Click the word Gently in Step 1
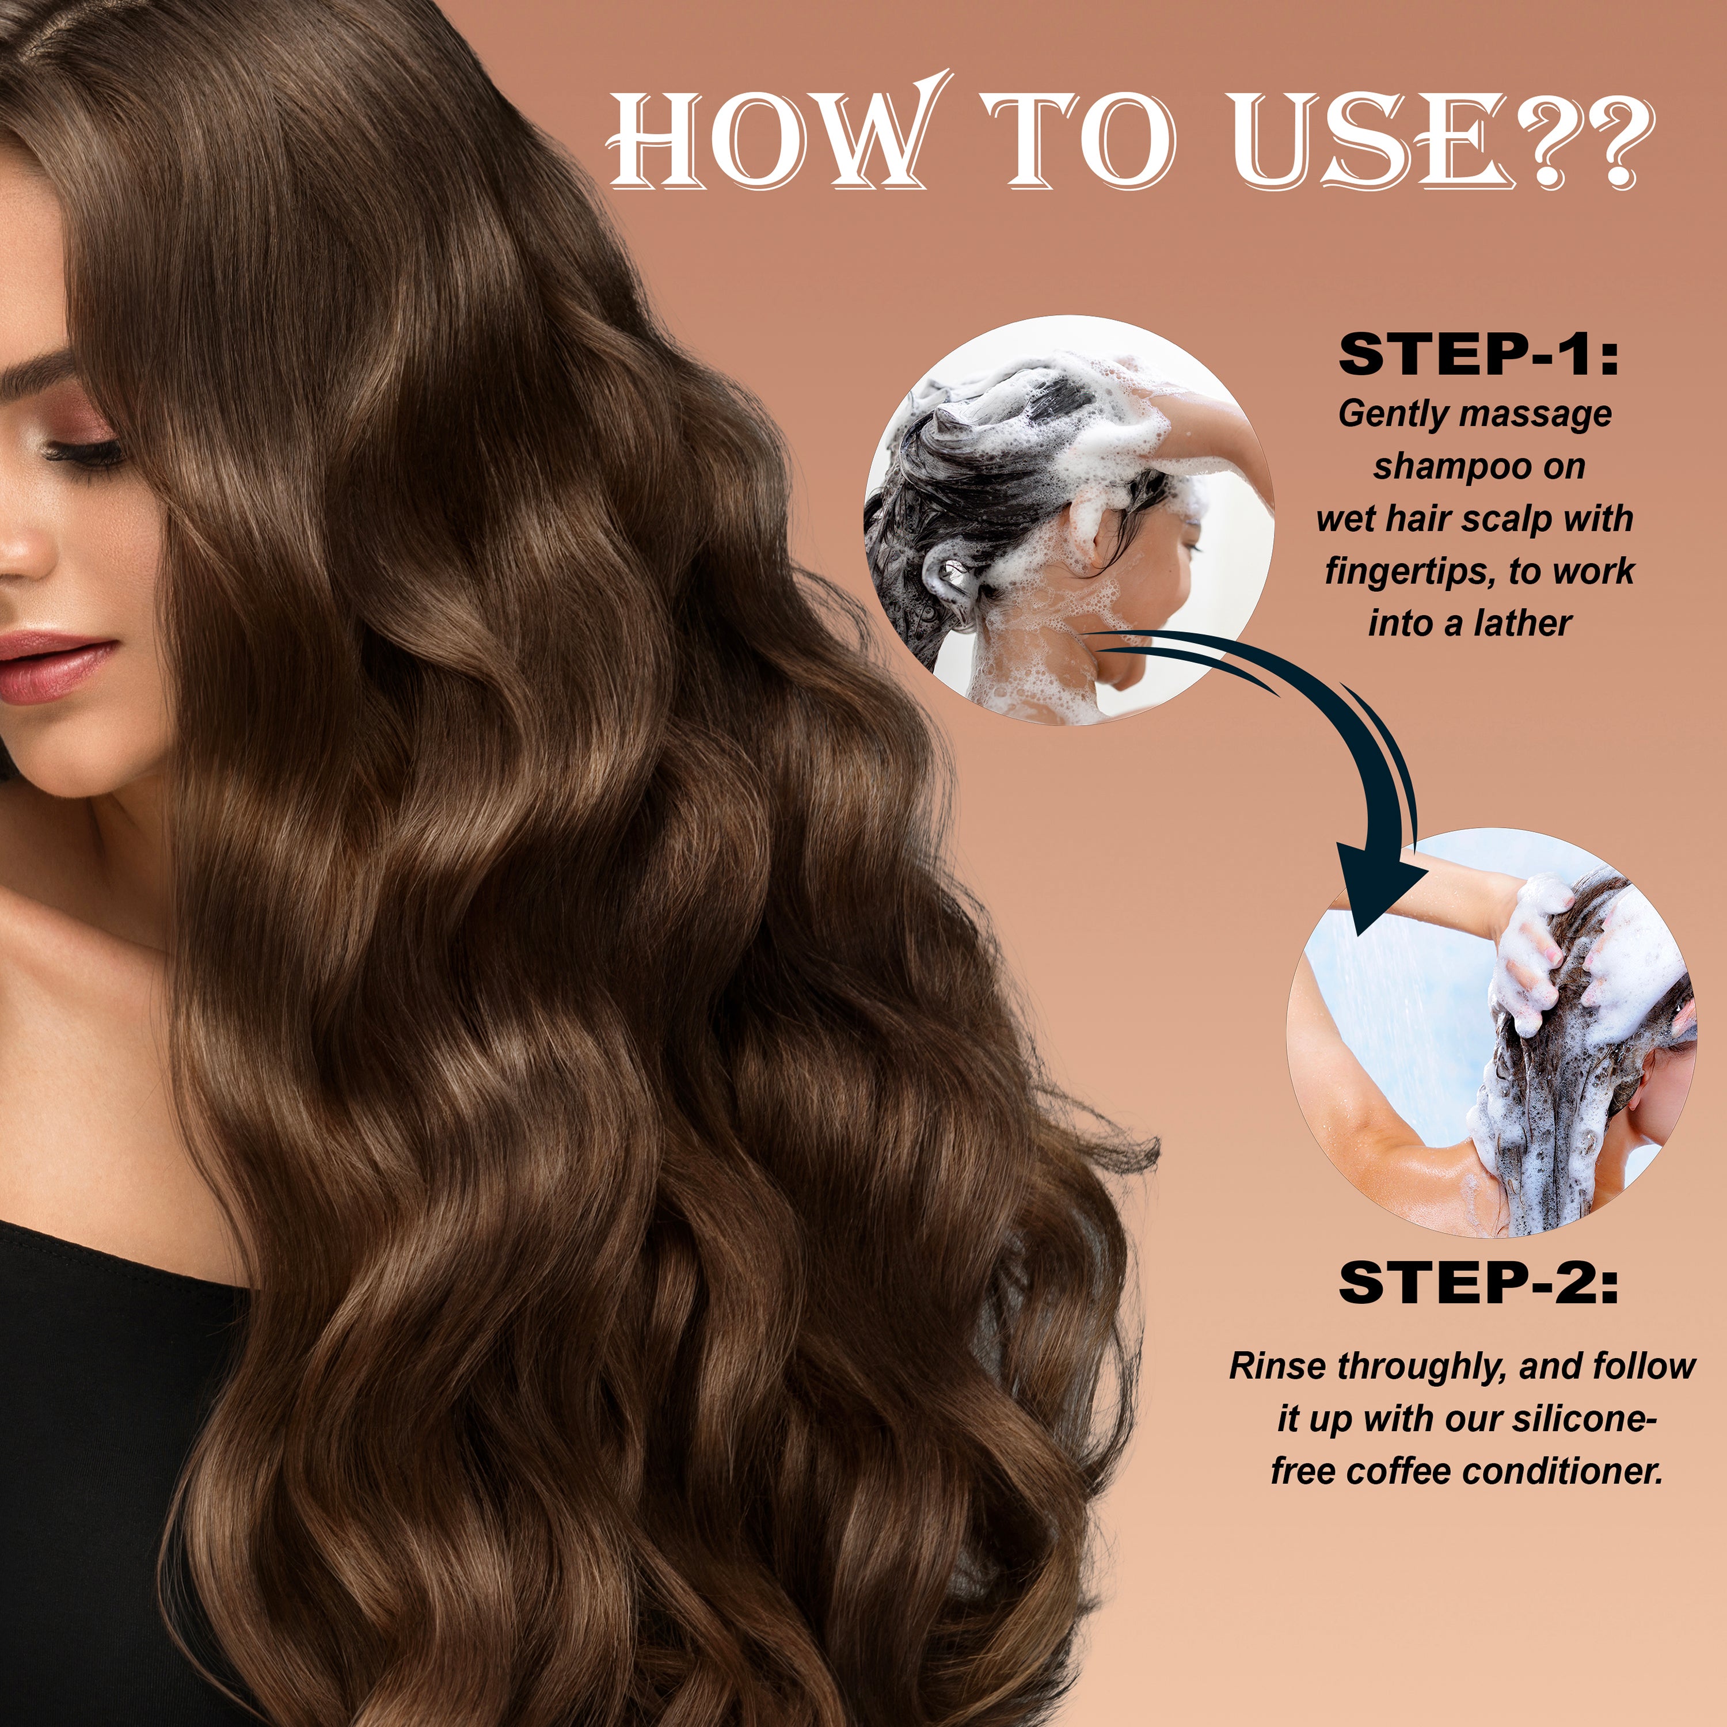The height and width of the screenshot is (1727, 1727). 1394,414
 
